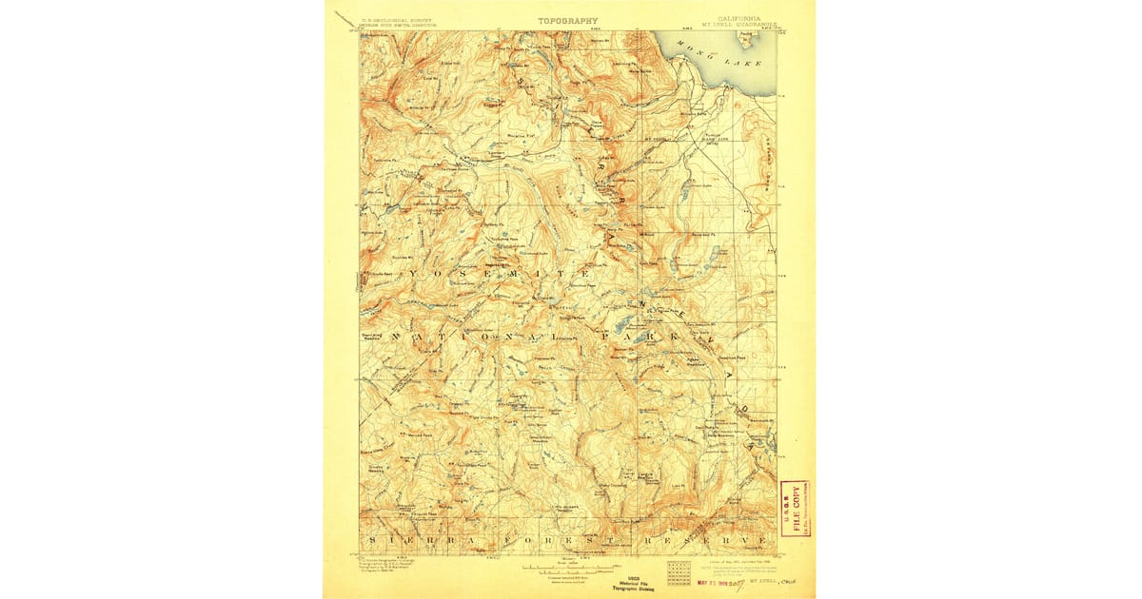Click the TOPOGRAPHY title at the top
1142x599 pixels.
(568, 20)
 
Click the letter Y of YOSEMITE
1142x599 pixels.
(414, 274)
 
